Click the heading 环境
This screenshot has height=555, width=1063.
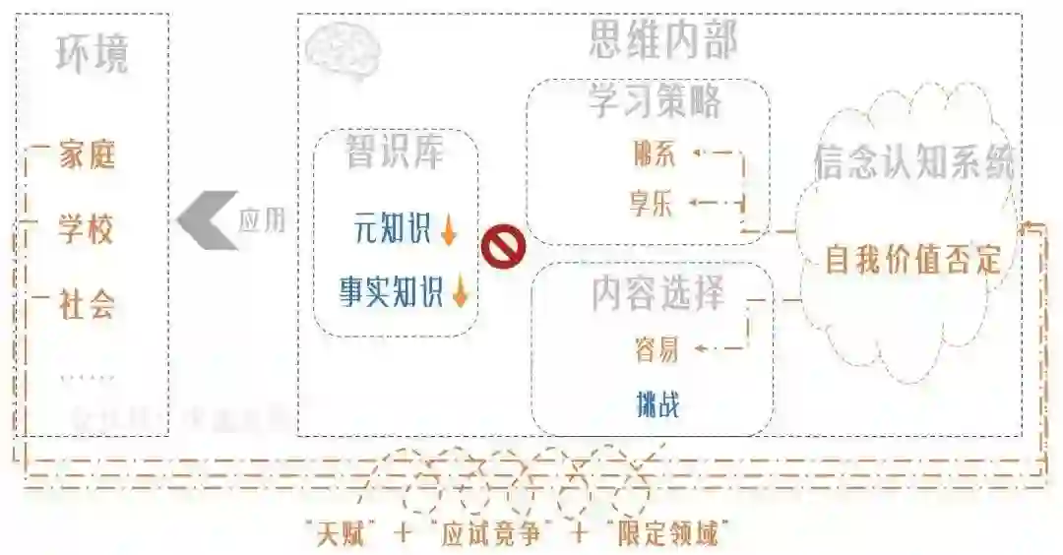point(92,55)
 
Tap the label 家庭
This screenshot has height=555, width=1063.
point(87,155)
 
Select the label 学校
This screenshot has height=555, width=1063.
point(87,230)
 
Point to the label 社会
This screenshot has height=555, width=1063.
point(87,305)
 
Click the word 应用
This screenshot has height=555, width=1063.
point(262,219)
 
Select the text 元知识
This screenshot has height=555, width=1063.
point(392,230)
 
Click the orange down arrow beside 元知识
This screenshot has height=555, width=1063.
point(449,231)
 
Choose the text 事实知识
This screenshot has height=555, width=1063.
point(392,292)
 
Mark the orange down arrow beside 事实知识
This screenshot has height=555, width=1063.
point(460,292)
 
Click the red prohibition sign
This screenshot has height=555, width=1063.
point(503,247)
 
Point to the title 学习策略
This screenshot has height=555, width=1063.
point(654,101)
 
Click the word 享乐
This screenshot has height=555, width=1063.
point(652,205)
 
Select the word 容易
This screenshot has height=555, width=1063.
point(657,349)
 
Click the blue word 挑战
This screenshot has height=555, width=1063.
point(657,403)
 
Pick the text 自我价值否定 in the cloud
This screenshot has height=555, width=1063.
point(913,260)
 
